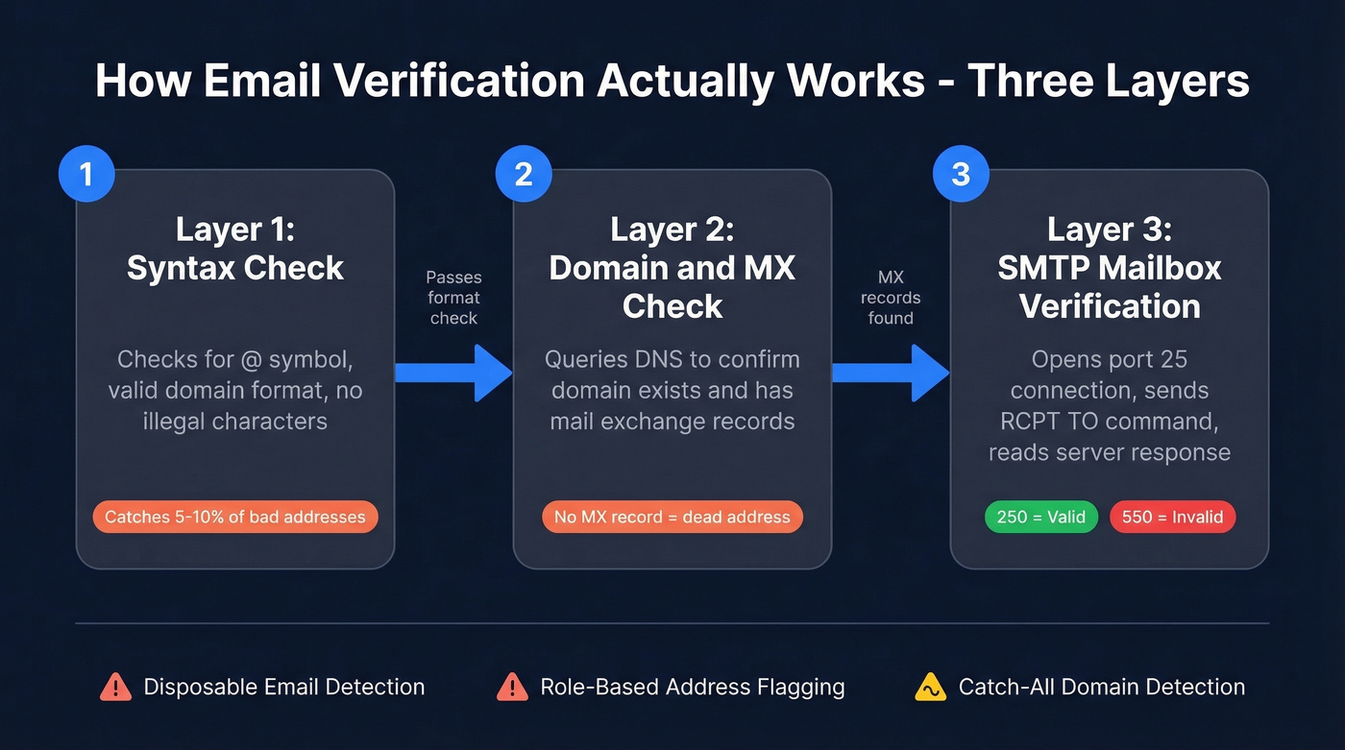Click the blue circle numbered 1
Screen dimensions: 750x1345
[86, 174]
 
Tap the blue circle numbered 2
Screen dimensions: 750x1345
[524, 174]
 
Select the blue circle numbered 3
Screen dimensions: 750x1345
[961, 174]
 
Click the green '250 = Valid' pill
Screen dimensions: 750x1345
[1041, 517]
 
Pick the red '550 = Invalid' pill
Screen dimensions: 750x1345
[1172, 517]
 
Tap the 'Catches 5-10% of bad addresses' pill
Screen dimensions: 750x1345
[235, 517]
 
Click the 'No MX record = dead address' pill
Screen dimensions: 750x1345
[672, 517]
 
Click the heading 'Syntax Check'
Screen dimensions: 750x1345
[235, 268]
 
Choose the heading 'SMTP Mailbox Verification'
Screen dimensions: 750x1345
[1110, 286]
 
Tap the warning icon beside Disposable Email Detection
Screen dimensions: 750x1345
[115, 687]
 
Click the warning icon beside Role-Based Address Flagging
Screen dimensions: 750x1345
[512, 687]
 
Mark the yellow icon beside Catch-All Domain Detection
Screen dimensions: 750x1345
[930, 687]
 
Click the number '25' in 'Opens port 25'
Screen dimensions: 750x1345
[1173, 360]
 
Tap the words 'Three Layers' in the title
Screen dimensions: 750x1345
[1109, 82]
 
